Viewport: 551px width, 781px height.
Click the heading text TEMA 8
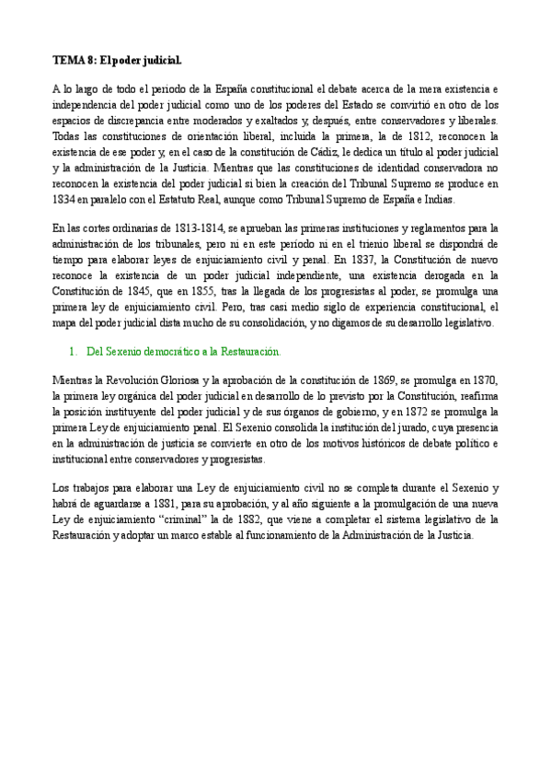73,61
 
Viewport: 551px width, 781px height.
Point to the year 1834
64,201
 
